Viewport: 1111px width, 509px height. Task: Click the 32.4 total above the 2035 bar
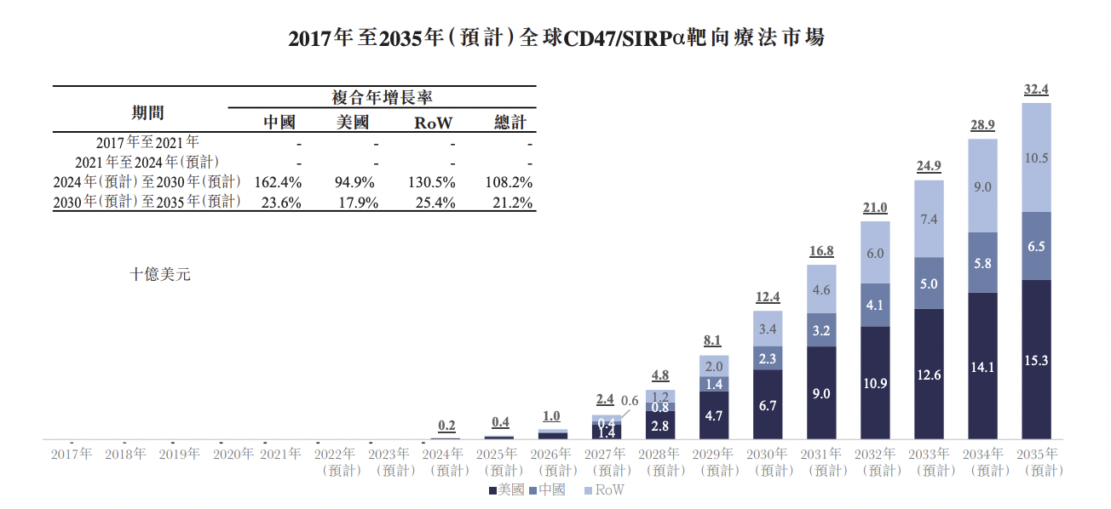tap(1036, 89)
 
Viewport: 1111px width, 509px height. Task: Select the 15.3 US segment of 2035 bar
tap(1036, 360)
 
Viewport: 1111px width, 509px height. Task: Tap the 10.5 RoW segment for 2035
tap(1036, 157)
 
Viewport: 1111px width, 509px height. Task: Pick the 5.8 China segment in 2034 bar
tap(982, 263)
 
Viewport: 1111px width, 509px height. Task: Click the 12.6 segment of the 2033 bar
tap(929, 375)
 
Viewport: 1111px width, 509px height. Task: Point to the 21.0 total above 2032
tap(875, 208)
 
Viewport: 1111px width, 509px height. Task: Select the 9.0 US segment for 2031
tap(821, 393)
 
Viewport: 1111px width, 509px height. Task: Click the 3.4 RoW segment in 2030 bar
tap(768, 329)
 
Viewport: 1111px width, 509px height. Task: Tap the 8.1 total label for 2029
tap(712, 340)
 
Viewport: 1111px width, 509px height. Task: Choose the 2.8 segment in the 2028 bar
tap(660, 426)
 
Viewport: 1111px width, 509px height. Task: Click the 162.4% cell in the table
tap(278, 182)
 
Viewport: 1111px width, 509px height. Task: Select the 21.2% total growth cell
tap(512, 203)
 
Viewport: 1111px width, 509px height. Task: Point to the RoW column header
tap(433, 123)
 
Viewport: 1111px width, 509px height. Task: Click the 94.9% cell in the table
tap(354, 182)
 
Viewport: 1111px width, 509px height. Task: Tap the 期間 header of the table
tap(147, 112)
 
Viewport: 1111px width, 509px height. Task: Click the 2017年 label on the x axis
tap(72, 454)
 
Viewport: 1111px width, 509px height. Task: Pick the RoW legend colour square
tap(588, 490)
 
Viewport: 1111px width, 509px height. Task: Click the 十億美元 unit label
tap(159, 274)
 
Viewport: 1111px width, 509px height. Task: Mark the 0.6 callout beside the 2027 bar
tap(630, 400)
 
